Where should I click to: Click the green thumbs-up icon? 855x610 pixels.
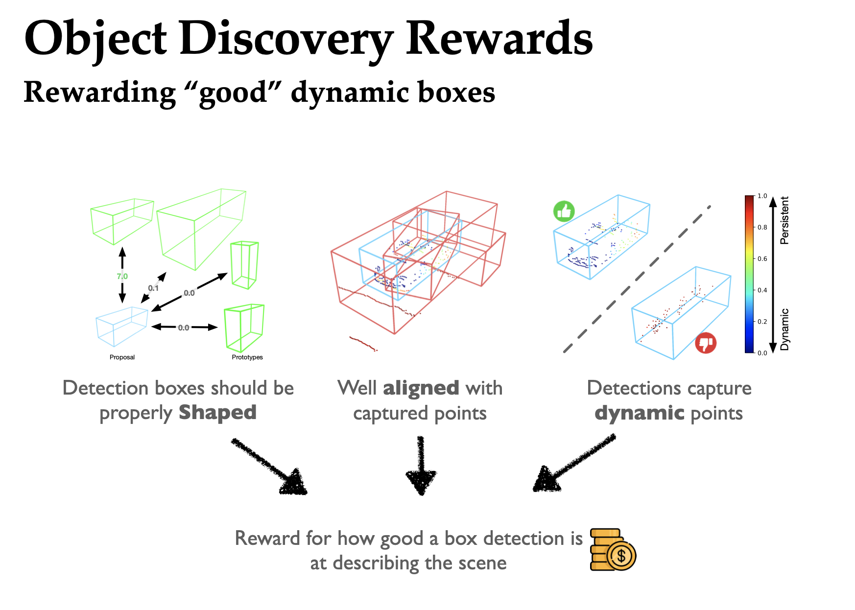(x=564, y=211)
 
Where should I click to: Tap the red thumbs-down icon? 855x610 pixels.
(x=706, y=343)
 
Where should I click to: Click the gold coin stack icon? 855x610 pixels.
(x=613, y=549)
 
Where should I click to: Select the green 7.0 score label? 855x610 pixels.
(x=122, y=277)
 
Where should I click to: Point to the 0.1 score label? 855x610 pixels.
(x=153, y=288)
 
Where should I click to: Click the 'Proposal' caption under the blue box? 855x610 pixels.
(x=122, y=357)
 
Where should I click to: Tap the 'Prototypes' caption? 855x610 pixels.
(x=247, y=357)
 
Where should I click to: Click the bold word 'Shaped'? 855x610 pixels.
(x=217, y=413)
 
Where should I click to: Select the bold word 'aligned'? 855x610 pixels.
(x=421, y=388)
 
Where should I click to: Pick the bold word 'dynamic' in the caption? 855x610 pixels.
(x=640, y=413)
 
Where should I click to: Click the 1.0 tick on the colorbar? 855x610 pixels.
(x=762, y=196)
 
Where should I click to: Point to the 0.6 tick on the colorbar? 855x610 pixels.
(x=762, y=258)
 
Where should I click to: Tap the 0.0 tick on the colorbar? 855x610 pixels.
(x=762, y=352)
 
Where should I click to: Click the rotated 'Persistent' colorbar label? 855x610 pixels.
(x=784, y=220)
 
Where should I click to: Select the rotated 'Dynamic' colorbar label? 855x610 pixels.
(x=784, y=329)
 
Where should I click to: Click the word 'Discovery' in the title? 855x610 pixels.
(x=286, y=39)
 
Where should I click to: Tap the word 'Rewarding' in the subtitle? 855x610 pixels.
(x=99, y=92)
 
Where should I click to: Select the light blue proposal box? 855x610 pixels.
(x=121, y=325)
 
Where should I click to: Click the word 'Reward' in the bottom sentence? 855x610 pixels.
(x=267, y=538)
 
